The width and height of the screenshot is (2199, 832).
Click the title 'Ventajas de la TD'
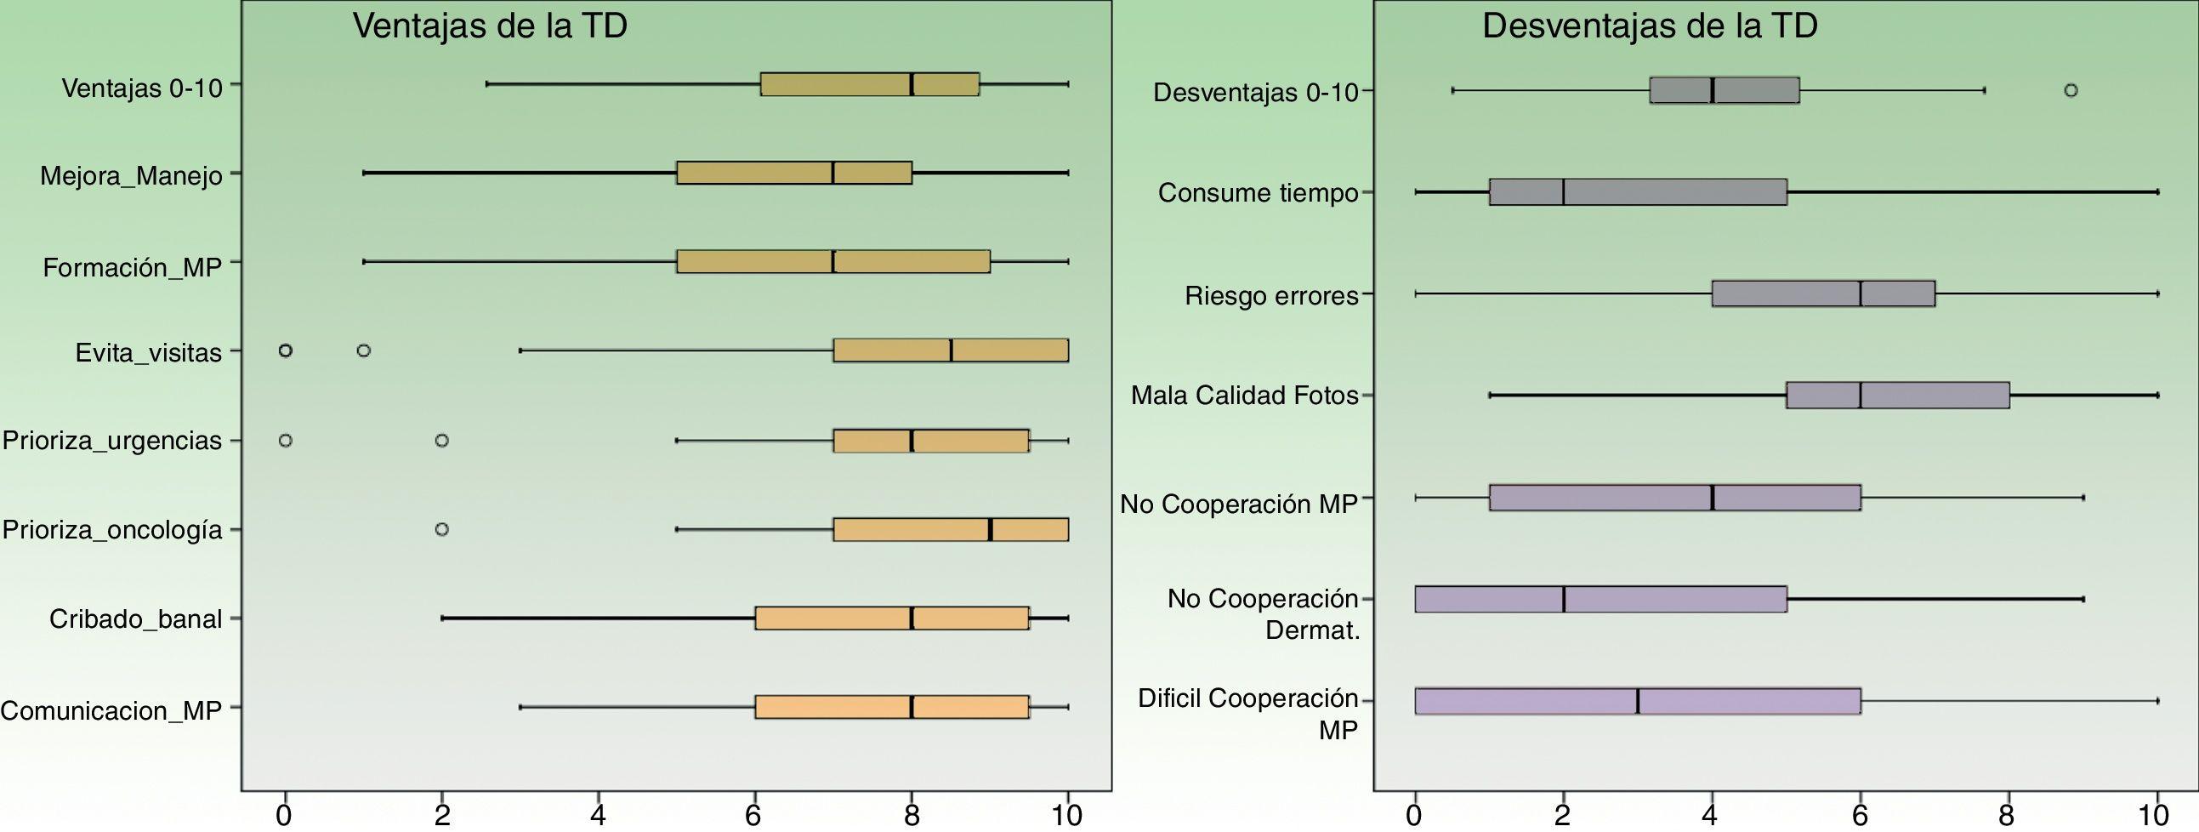click(x=490, y=26)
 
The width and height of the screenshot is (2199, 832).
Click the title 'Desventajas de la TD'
click(x=1650, y=26)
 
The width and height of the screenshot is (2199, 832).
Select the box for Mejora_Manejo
click(x=794, y=173)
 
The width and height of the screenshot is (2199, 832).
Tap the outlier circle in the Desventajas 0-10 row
click(x=2070, y=89)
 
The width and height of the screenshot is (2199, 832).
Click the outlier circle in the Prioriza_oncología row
click(x=441, y=530)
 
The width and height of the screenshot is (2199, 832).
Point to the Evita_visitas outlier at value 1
click(x=364, y=350)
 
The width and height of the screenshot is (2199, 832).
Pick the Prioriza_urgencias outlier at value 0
click(x=286, y=441)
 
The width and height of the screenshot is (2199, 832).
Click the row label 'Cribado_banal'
click(x=136, y=618)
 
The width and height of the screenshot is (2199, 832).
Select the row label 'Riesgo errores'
click(x=1271, y=296)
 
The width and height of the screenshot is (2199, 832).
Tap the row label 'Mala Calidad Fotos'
click(x=1245, y=396)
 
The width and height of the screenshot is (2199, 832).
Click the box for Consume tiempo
click(x=1637, y=192)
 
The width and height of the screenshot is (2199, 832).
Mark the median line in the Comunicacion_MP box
click(x=912, y=707)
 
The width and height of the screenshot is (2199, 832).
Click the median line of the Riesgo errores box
click(x=1860, y=293)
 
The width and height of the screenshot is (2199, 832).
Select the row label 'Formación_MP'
click(x=133, y=268)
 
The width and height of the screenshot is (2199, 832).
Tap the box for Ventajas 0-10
click(x=869, y=84)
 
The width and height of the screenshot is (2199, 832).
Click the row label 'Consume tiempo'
click(x=1258, y=193)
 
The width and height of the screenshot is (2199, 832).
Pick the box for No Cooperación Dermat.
click(x=1600, y=600)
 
